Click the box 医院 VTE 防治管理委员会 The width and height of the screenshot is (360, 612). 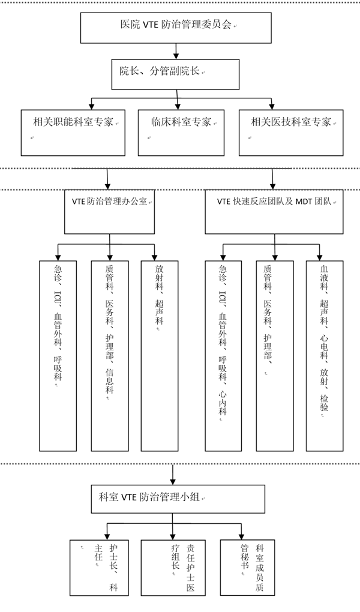176,28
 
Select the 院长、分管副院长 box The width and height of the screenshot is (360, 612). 175,74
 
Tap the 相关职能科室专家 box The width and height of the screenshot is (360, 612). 73,133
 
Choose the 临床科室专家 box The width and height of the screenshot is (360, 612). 181,133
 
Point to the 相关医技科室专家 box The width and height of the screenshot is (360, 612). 291,133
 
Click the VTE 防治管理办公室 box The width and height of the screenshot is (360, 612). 109,212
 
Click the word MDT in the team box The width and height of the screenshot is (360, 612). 304,202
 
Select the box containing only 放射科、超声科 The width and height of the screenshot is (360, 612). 160,356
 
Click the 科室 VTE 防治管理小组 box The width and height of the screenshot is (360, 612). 178,499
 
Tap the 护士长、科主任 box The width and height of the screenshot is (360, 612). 99,568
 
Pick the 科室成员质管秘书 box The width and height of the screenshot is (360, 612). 248,567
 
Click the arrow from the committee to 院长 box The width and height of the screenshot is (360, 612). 176,51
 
